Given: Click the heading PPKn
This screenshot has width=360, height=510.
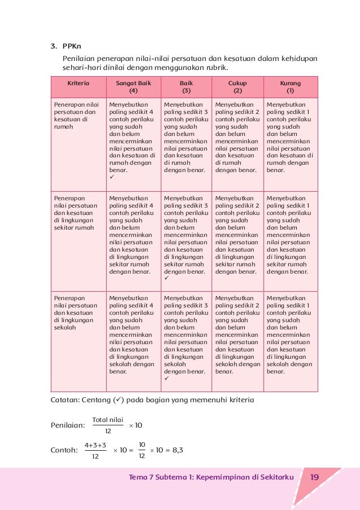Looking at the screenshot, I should [73, 47].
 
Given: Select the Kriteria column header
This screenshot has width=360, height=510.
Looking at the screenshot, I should [78, 83].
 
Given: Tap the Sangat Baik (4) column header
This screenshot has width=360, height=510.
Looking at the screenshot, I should [133, 86].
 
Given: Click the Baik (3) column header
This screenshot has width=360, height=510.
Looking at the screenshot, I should [186, 86].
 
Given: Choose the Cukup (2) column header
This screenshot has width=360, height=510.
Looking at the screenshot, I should [238, 86].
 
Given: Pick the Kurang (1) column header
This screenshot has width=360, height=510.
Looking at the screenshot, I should [290, 86].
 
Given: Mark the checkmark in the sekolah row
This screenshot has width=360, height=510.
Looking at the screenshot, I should [166, 379].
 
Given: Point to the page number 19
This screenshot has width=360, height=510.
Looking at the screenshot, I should [315, 478].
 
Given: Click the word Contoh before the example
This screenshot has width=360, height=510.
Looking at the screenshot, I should [63, 450].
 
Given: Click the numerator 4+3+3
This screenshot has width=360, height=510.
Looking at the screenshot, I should [95, 445].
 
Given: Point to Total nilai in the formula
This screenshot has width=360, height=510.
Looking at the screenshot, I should [108, 420].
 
